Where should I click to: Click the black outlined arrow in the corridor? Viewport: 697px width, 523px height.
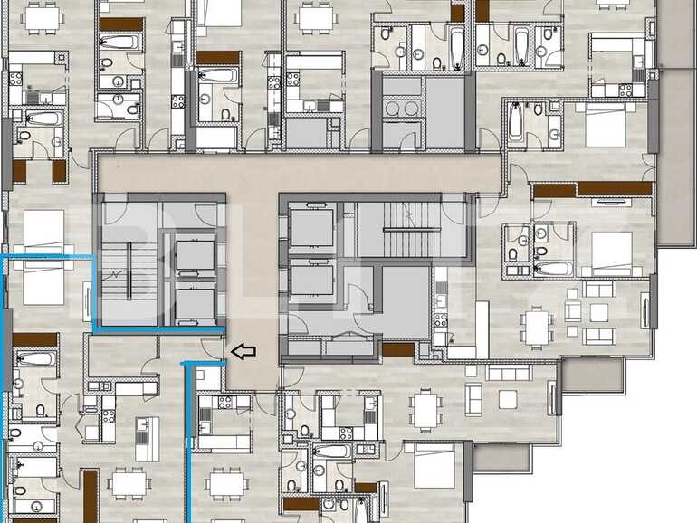(243, 351)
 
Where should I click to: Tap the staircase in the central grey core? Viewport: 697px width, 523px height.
(410, 230)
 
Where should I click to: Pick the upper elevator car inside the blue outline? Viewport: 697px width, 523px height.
(195, 255)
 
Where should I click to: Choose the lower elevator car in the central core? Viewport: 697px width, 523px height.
(311, 279)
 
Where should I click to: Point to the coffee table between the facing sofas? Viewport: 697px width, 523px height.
(599, 312)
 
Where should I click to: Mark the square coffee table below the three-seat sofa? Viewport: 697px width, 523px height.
(507, 398)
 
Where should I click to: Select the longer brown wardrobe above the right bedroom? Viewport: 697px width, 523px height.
(614, 189)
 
